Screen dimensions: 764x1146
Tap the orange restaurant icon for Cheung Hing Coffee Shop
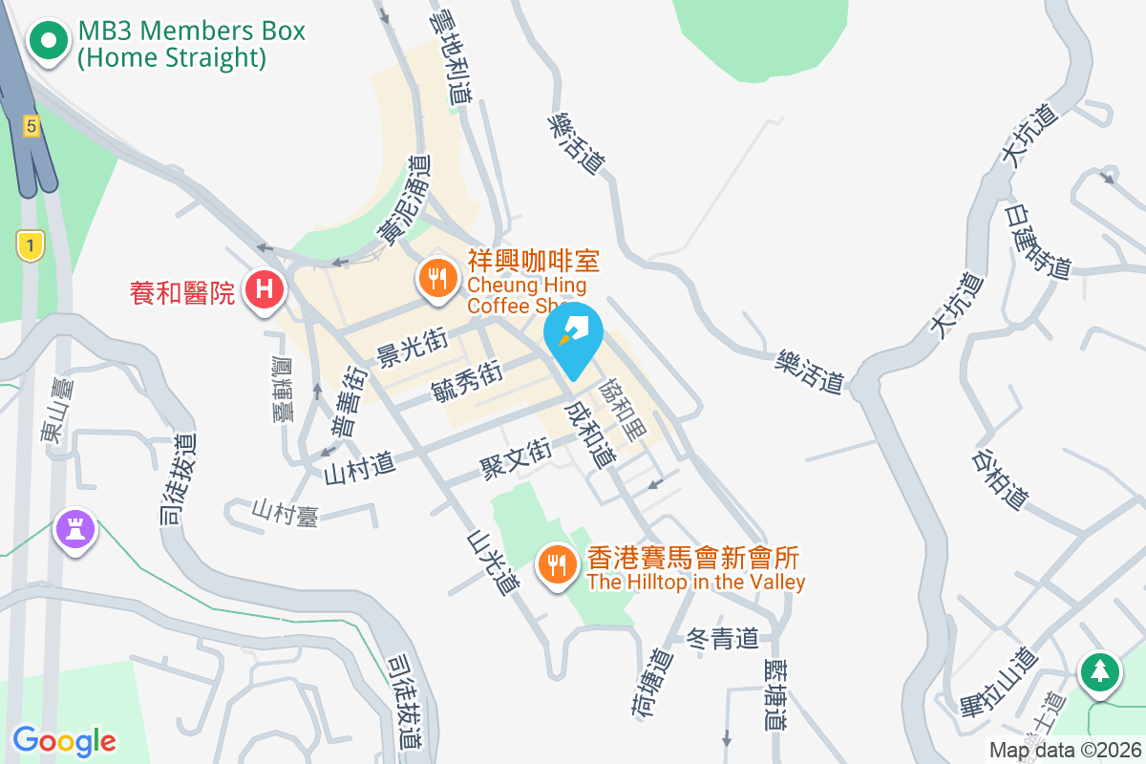pyautogui.click(x=437, y=278)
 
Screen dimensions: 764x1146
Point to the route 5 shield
pyautogui.click(x=32, y=125)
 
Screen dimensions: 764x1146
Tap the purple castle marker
pyautogui.click(x=74, y=528)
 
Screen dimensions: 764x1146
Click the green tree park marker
pyautogui.click(x=1100, y=670)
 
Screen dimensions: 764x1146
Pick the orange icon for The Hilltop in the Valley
pyautogui.click(x=555, y=563)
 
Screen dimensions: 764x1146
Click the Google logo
pyautogui.click(x=64, y=740)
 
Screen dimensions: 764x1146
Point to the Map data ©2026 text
pyautogui.click(x=1064, y=751)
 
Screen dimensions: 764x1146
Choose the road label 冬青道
pyautogui.click(x=723, y=638)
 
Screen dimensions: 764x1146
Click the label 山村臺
pyautogui.click(x=285, y=513)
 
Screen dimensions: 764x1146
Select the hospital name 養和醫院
pyautogui.click(x=182, y=291)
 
